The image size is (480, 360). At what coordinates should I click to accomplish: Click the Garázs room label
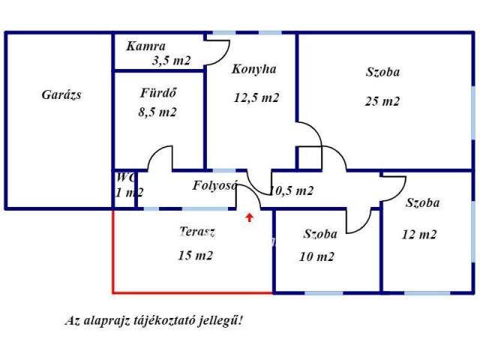click(x=61, y=94)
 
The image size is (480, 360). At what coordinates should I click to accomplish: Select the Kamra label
click(x=145, y=46)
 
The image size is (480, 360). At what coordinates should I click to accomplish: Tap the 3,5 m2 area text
click(x=172, y=60)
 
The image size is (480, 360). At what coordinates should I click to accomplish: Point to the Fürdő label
click(x=158, y=93)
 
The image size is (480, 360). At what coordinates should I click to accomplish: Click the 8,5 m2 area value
click(x=157, y=112)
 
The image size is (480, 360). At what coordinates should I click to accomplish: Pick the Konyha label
click(x=254, y=69)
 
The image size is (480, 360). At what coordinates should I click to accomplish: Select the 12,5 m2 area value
click(x=256, y=97)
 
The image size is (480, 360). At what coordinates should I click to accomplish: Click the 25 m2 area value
click(x=382, y=101)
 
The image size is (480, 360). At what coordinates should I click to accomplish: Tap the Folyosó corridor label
click(x=215, y=185)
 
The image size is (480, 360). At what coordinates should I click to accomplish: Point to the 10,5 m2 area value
click(x=292, y=190)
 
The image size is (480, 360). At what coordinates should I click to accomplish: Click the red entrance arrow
click(x=250, y=217)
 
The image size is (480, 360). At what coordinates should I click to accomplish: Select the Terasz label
click(x=197, y=232)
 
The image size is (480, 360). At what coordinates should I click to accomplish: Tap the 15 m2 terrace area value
click(x=195, y=255)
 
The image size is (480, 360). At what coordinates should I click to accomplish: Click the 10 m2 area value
click(x=316, y=256)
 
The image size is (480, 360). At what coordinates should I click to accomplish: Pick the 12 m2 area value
click(x=419, y=235)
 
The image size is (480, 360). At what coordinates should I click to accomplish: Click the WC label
click(x=125, y=177)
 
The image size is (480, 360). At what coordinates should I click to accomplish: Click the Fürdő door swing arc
click(x=153, y=152)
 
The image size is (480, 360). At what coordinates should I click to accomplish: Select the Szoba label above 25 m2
click(x=382, y=72)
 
